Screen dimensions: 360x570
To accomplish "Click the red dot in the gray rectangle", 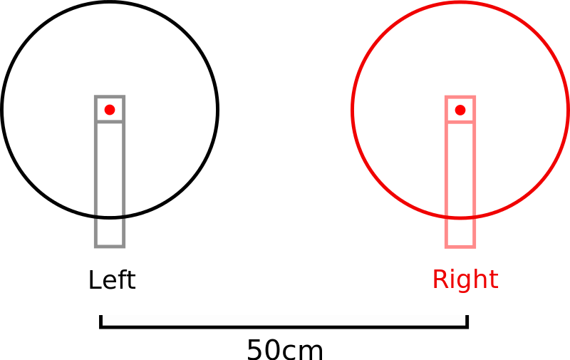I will (110, 110).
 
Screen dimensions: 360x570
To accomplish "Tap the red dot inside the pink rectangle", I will (460, 110).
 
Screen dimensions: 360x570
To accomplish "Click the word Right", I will (465, 279).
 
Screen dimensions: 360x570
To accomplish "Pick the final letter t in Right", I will (494, 279).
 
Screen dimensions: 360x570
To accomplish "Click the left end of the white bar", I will (104, 320).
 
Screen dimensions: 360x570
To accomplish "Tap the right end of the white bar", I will (464, 320).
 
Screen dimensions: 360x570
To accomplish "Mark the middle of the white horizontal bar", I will (284, 320).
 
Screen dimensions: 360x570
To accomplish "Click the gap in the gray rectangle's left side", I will (95, 216).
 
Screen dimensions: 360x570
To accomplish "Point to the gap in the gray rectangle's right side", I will (124, 216).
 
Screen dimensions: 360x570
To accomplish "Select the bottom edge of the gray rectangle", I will (110, 247).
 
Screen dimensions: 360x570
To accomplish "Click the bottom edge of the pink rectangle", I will (460, 247).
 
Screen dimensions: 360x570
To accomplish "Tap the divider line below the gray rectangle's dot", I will (110, 122).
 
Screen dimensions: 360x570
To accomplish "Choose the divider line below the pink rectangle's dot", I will (460, 122).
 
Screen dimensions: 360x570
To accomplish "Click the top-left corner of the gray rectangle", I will (95, 97).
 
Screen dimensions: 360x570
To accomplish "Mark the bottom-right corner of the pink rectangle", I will (475, 247).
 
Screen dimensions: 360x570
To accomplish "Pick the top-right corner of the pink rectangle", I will (475, 97).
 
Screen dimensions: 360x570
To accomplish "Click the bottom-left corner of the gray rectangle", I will (95, 247).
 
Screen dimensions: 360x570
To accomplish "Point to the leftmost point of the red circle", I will (353, 110).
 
